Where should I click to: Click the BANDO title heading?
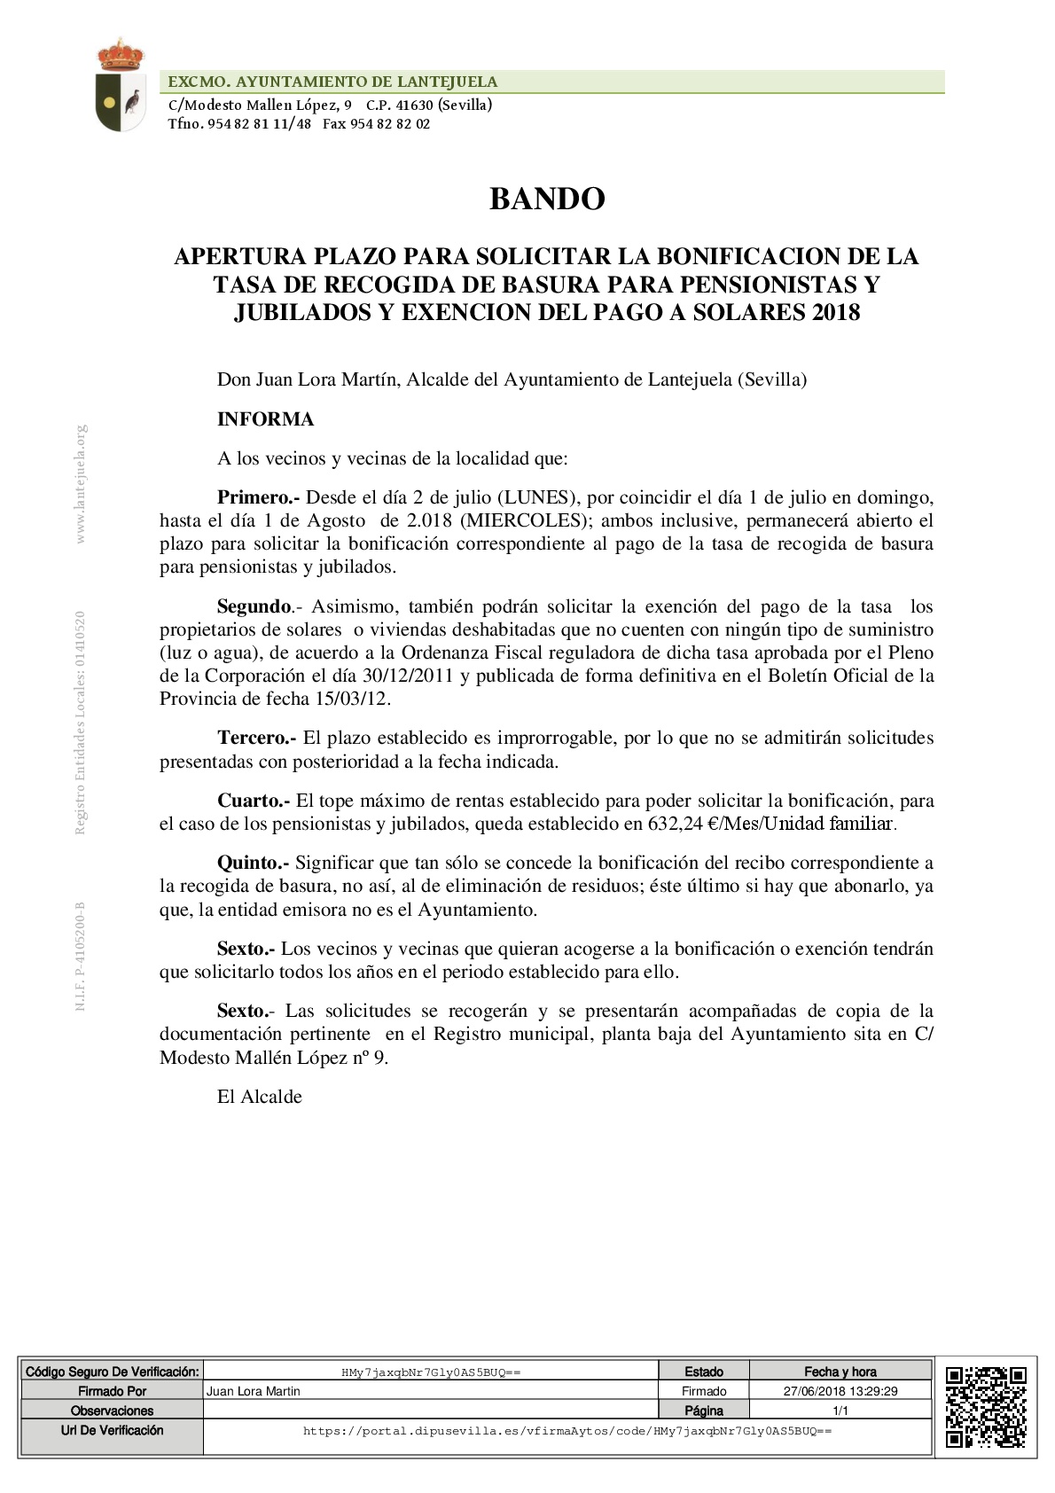(x=547, y=199)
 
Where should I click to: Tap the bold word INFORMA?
(x=265, y=419)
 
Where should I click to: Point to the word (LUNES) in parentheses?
(x=537, y=497)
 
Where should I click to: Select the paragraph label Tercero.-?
(x=256, y=738)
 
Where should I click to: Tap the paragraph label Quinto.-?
(x=254, y=863)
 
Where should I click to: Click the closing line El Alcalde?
(x=259, y=1097)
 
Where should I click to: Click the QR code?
(x=986, y=1406)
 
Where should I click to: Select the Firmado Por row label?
(x=113, y=1391)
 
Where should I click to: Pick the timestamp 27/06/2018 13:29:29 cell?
(x=840, y=1391)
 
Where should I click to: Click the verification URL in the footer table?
(x=567, y=1431)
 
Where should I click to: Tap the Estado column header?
(x=704, y=1372)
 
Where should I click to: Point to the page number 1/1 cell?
(x=840, y=1411)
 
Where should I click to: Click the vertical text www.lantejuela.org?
(x=81, y=484)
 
